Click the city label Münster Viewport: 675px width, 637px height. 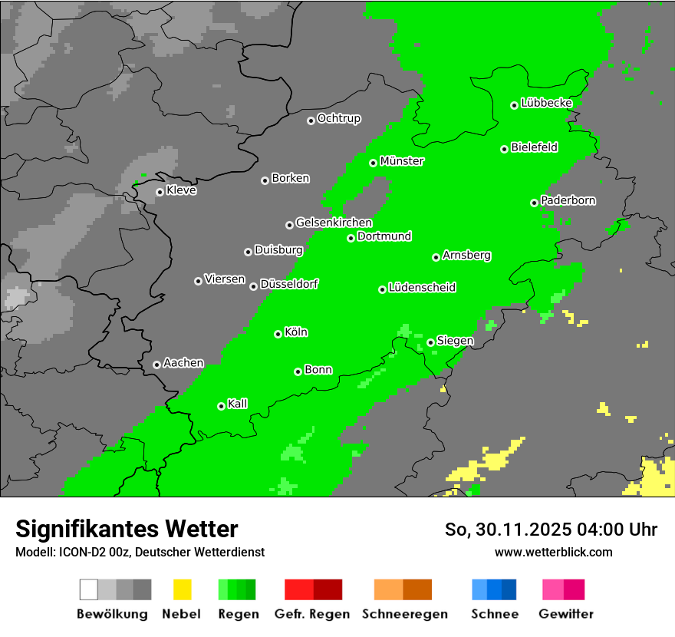(x=402, y=161)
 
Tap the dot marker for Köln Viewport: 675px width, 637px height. (x=278, y=334)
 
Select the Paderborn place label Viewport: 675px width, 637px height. (x=568, y=200)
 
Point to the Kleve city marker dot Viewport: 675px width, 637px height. (x=160, y=192)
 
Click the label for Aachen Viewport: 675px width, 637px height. (x=183, y=362)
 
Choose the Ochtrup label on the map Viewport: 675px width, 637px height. (x=339, y=118)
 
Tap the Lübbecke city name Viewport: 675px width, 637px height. (x=547, y=103)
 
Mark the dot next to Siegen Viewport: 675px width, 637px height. (x=430, y=342)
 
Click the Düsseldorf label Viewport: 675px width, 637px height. (x=289, y=284)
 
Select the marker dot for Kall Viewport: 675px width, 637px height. (x=221, y=406)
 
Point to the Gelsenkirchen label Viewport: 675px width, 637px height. (x=334, y=223)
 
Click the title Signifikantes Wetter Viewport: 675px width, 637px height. (x=127, y=529)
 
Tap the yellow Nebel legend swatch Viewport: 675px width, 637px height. (x=182, y=589)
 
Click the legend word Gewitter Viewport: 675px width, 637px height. (x=566, y=614)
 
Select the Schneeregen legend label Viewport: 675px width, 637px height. (x=405, y=614)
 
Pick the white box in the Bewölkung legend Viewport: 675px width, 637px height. (x=89, y=589)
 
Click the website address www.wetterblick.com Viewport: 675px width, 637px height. (x=553, y=552)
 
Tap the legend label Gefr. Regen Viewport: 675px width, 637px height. (x=312, y=614)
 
